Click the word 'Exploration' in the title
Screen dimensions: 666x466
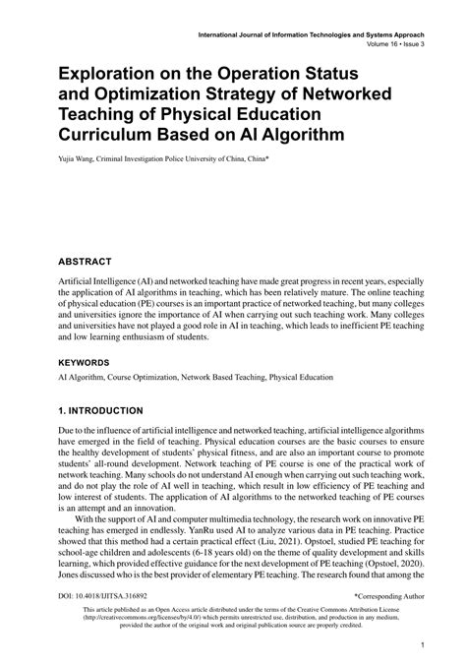pyautogui.click(x=111, y=76)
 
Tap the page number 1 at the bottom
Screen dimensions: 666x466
pyautogui.click(x=420, y=646)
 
